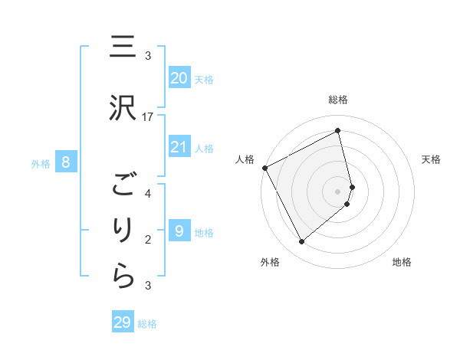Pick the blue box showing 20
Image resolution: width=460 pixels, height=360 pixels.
[x=179, y=78]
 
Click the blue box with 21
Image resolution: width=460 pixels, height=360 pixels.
[x=179, y=147]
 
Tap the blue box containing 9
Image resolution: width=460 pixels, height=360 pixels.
[x=179, y=231]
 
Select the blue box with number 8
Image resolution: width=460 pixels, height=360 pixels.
[x=66, y=162]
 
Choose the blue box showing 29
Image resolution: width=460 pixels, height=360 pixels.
[x=123, y=322]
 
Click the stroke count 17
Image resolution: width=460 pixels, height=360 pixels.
[x=148, y=116]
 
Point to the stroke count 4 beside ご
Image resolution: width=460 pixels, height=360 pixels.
[x=148, y=194]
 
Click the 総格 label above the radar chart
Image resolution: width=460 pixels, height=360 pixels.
[x=338, y=100]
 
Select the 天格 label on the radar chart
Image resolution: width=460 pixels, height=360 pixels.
[x=432, y=159]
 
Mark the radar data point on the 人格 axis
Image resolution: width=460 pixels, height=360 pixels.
[x=264, y=168]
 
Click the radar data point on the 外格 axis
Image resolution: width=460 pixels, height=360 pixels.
[x=301, y=242]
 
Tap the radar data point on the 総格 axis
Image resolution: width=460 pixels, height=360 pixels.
[x=338, y=131]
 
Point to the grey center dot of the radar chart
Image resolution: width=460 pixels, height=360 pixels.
[x=338, y=191]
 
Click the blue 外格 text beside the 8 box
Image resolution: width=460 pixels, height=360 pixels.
[x=41, y=163]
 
